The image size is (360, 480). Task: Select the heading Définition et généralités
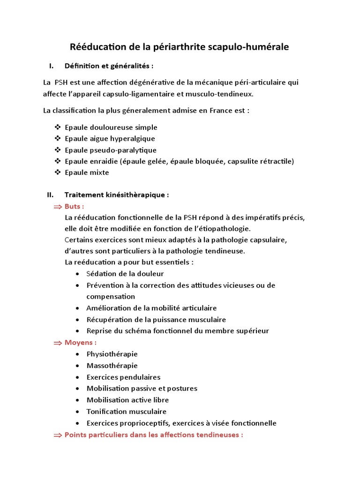pos(109,66)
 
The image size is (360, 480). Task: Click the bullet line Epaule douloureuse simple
pos(111,127)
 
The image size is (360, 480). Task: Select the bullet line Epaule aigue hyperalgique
pos(110,139)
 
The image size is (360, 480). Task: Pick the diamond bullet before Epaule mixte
pos(58,172)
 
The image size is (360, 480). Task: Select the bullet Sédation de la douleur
pos(125,274)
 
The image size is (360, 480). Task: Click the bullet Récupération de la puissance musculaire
pos(156,320)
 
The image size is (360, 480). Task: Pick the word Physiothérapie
pos(112,354)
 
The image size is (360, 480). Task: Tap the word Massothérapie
pos(112,366)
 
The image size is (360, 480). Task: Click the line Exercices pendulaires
pos(123,377)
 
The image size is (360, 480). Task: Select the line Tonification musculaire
pos(127,412)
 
